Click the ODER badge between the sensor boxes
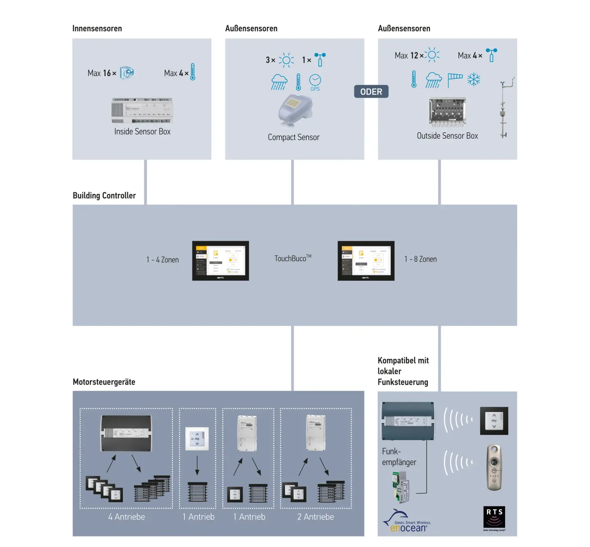pyautogui.click(x=371, y=92)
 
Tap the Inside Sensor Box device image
pyautogui.click(x=142, y=110)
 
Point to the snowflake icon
pyautogui.click(x=474, y=79)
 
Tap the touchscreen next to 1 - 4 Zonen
pyautogui.click(x=220, y=261)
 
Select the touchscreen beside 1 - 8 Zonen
pyautogui.click(x=366, y=261)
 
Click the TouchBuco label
pyautogui.click(x=293, y=259)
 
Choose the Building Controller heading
pyautogui.click(x=104, y=196)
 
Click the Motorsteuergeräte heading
pyautogui.click(x=104, y=382)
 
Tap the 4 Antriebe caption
pyautogui.click(x=127, y=517)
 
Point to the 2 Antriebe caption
pyautogui.click(x=315, y=517)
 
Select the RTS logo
pyautogui.click(x=494, y=518)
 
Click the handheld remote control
pyautogui.click(x=494, y=467)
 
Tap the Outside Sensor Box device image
pyautogui.click(x=447, y=112)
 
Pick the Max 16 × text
pyautogui.click(x=102, y=73)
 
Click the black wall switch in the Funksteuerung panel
pyautogui.click(x=494, y=421)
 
